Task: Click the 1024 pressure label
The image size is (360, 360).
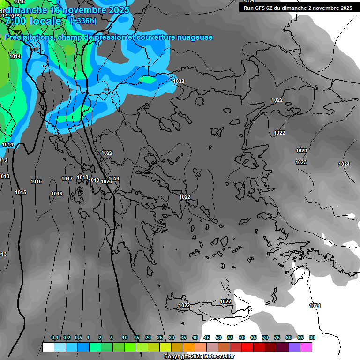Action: pyautogui.click(x=344, y=164)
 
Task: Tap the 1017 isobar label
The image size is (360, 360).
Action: pyautogui.click(x=67, y=179)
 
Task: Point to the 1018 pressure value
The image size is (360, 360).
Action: pyautogui.click(x=82, y=177)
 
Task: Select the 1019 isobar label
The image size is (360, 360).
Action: pyautogui.click(x=94, y=180)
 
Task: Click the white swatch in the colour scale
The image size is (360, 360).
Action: pyautogui.click(x=48, y=347)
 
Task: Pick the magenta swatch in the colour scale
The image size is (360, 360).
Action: pyautogui.click(x=306, y=347)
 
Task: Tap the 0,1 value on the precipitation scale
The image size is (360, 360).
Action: pyautogui.click(x=55, y=338)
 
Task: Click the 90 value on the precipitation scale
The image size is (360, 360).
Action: pyautogui.click(x=312, y=338)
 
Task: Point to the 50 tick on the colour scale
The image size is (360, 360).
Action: pyautogui.click(x=218, y=338)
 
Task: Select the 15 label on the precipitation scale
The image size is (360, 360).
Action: pyautogui.click(x=136, y=338)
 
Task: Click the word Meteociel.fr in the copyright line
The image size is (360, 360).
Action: pyautogui.click(x=218, y=357)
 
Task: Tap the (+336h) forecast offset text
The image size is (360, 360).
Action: pyautogui.click(x=83, y=21)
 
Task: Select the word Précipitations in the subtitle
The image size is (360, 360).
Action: pyautogui.click(x=29, y=37)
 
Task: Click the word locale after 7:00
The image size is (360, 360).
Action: pyautogui.click(x=45, y=21)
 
